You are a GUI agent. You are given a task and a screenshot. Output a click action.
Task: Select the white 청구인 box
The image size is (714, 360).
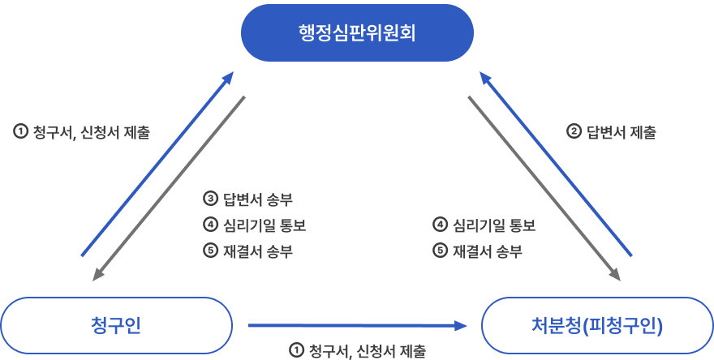coord(117,325)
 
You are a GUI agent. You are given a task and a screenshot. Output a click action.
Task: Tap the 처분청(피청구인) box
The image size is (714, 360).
coord(598,326)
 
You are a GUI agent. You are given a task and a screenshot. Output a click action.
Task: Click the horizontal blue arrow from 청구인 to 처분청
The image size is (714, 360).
coord(357,325)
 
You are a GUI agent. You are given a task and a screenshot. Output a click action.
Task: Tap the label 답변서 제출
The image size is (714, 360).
coord(622,132)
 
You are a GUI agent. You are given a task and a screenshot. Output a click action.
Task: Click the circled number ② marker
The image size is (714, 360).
coord(573,131)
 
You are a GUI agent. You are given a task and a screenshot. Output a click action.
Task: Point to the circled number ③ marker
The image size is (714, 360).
coord(209,198)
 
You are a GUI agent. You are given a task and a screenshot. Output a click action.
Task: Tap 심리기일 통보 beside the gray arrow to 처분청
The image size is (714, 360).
coord(494,225)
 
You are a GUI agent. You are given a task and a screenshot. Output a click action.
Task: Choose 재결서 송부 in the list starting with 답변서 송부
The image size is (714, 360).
coord(258,251)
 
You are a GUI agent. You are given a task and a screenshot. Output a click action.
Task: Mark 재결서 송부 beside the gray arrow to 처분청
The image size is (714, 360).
coord(488,251)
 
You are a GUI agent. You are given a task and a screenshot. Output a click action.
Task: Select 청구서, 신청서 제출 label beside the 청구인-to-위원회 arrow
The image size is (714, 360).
coord(91,132)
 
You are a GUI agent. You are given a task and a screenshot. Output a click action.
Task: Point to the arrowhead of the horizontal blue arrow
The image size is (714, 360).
coord(462,325)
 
